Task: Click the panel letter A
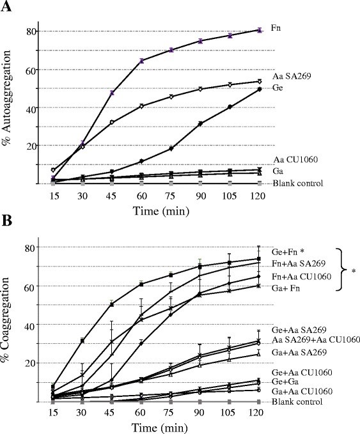pyautogui.click(x=6, y=6)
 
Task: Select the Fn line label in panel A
pyautogui.click(x=276, y=28)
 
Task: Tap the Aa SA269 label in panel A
pyautogui.click(x=292, y=76)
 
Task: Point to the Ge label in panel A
pyautogui.click(x=278, y=88)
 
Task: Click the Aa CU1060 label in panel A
pyautogui.click(x=295, y=159)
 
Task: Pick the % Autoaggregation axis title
pyautogui.click(x=6, y=98)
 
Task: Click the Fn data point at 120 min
pyautogui.click(x=260, y=30)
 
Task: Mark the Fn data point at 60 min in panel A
pyautogui.click(x=141, y=61)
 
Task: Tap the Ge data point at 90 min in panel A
pyautogui.click(x=201, y=123)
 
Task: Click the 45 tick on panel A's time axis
pyautogui.click(x=112, y=196)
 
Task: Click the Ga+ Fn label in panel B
pyautogui.click(x=286, y=288)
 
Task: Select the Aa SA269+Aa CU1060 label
pyautogui.click(x=316, y=339)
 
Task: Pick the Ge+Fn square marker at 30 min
pyautogui.click(x=82, y=341)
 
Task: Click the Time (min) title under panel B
pyautogui.click(x=159, y=428)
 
